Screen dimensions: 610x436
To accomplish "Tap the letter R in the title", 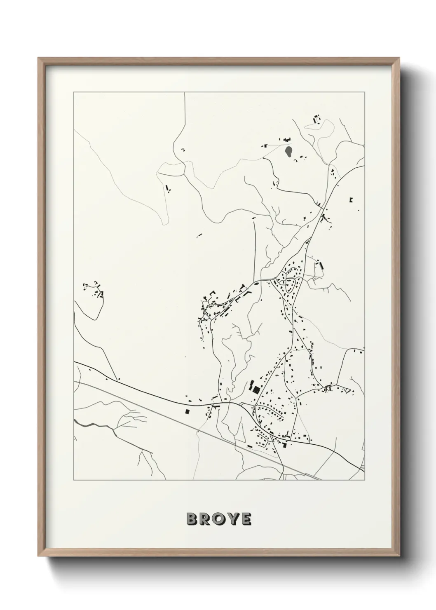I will [206, 519].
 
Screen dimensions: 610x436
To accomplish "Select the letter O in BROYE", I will [220, 519].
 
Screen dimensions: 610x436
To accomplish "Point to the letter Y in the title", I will [233, 519].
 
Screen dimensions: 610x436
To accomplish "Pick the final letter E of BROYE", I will [246, 519].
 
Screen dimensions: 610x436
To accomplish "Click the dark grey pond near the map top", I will [289, 152].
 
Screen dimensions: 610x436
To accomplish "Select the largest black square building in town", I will [256, 389].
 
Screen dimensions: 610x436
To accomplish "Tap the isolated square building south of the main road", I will [188, 411].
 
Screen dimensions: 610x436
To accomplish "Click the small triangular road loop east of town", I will [345, 389].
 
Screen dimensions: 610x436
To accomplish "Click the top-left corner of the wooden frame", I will [38, 58].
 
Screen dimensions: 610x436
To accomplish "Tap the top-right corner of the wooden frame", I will [400, 58].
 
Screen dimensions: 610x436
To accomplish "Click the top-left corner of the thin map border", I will [74, 93].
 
